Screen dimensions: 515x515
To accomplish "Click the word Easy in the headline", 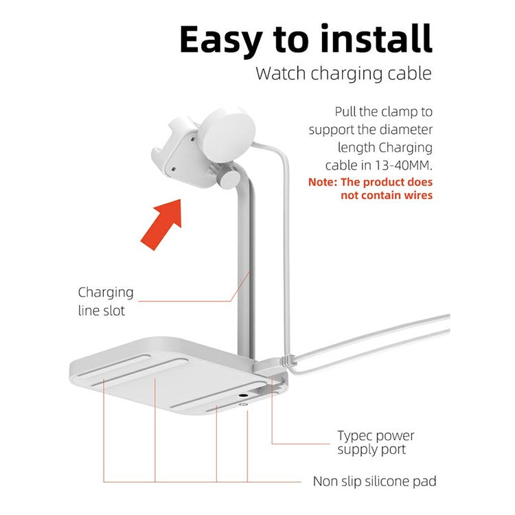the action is (221, 40).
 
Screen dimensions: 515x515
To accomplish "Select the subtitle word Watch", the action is (281, 73).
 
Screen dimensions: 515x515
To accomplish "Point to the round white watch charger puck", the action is (228, 135).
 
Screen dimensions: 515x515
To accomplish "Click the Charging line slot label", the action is (106, 301).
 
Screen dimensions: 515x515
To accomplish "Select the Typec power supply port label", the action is (376, 442).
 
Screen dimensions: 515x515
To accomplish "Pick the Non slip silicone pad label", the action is (374, 481).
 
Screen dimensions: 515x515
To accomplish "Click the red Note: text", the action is (323, 182).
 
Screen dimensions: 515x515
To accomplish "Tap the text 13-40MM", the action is (402, 165).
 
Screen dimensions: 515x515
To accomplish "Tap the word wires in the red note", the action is (417, 195).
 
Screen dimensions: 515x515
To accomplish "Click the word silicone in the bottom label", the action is (387, 481).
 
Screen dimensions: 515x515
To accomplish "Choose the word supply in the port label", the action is (357, 450).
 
